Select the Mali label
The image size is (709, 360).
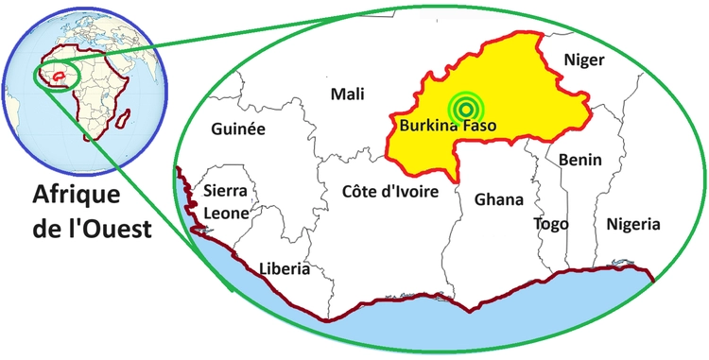pyautogui.click(x=347, y=94)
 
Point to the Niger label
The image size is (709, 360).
pyautogui.click(x=583, y=60)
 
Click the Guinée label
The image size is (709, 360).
pyautogui.click(x=238, y=129)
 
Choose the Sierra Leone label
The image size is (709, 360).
pyautogui.click(x=226, y=201)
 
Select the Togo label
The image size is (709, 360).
pyautogui.click(x=551, y=224)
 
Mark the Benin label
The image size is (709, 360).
pyautogui.click(x=579, y=161)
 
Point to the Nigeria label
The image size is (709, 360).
pyautogui.click(x=632, y=224)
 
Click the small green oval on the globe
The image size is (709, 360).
pyautogui.click(x=55, y=75)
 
